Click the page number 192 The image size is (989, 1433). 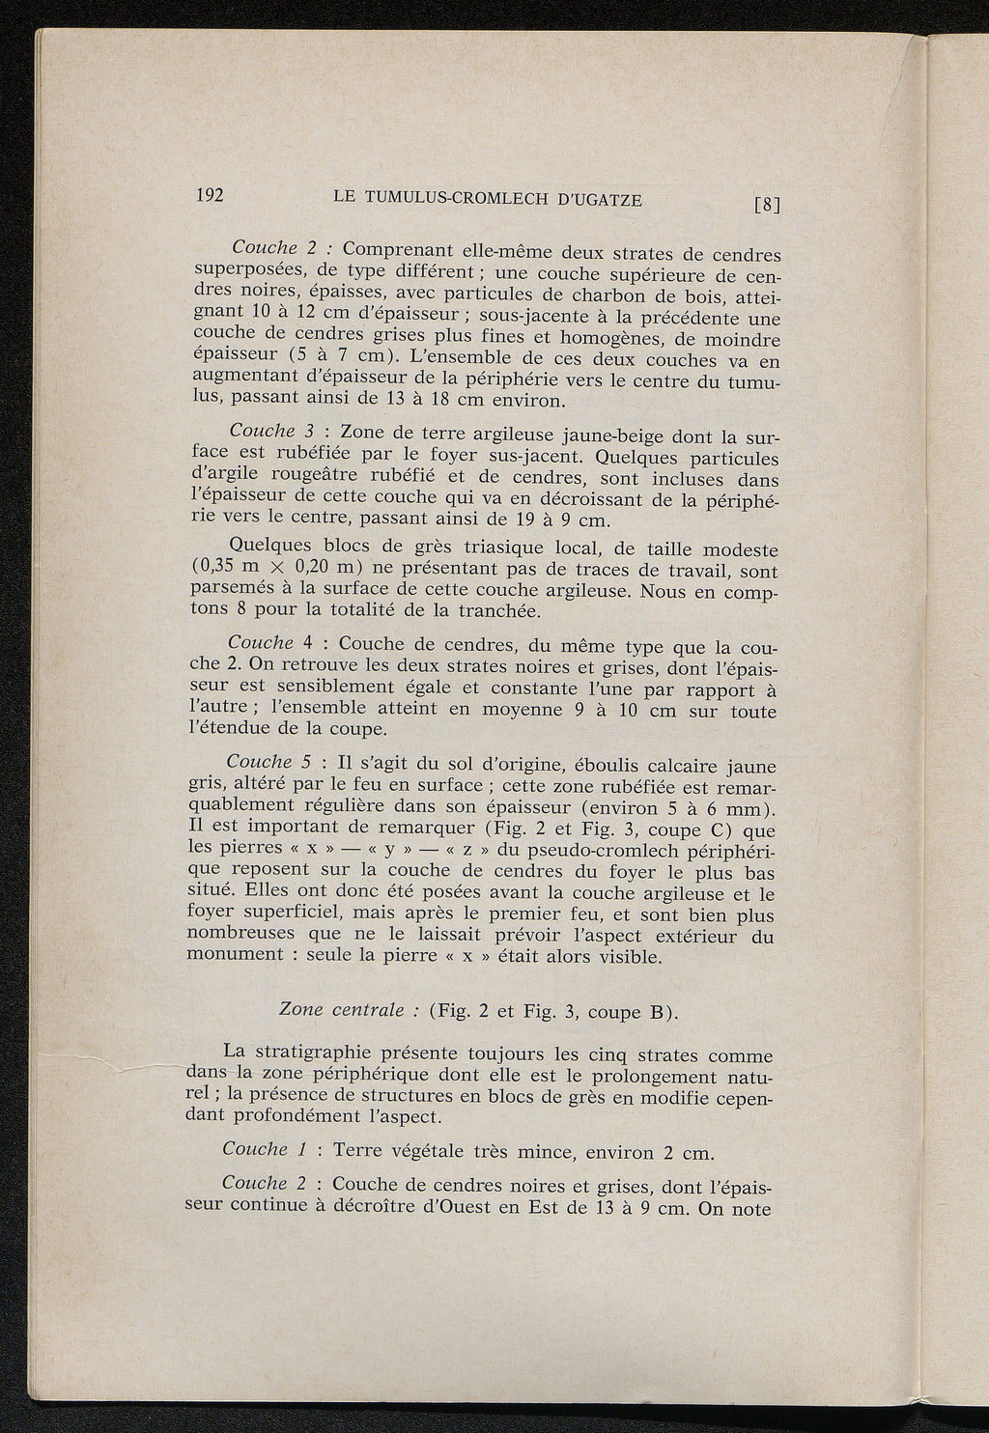click(210, 194)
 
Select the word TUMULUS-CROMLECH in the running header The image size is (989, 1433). click(443, 198)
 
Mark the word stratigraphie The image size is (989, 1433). click(325, 1054)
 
